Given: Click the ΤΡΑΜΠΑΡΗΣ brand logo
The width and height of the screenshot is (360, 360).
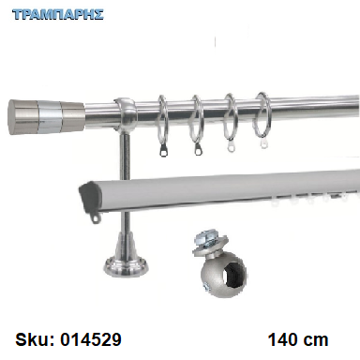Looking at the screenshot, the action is tap(58, 15).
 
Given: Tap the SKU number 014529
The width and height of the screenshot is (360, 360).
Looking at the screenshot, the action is tap(90, 339).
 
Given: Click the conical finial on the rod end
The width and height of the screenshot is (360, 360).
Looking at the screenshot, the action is tap(46, 117).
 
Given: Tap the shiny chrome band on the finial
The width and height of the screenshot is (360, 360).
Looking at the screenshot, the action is tap(50, 117).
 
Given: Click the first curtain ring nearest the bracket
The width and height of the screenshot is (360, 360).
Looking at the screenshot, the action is tap(162, 125).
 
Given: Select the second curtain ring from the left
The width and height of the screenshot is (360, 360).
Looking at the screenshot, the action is tap(196, 124).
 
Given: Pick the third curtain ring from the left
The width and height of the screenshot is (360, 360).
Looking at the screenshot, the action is tap(231, 122).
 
